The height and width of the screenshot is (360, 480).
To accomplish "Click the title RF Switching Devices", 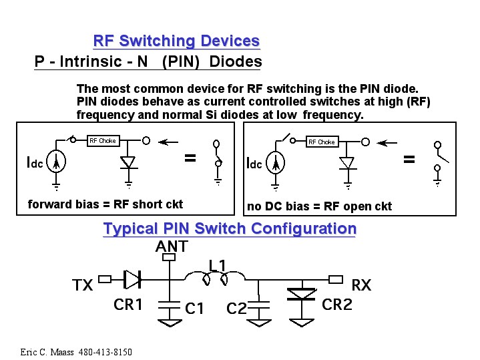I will point(176,41).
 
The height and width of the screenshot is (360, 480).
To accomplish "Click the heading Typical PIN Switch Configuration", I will point(230,228).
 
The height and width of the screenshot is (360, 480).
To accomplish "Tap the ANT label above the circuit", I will point(172,246).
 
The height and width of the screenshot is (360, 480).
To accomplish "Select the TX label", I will point(83,286).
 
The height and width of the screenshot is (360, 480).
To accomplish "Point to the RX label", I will point(361,286).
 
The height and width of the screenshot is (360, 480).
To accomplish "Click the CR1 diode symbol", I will point(132,279).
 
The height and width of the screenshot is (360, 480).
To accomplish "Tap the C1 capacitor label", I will point(194,309).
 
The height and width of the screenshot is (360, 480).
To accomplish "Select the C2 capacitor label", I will point(236,309).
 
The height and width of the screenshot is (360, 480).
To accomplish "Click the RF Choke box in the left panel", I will point(103,141).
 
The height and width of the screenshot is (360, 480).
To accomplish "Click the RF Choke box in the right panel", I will point(322,142).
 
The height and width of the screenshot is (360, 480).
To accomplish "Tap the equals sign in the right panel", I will point(409,160).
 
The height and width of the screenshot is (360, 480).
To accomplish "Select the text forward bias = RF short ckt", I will point(105,204).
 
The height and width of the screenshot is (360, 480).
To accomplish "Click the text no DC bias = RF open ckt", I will point(319,206).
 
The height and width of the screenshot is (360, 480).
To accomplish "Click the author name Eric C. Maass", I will point(47,352).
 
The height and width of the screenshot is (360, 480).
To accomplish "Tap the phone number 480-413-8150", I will point(105,352).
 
